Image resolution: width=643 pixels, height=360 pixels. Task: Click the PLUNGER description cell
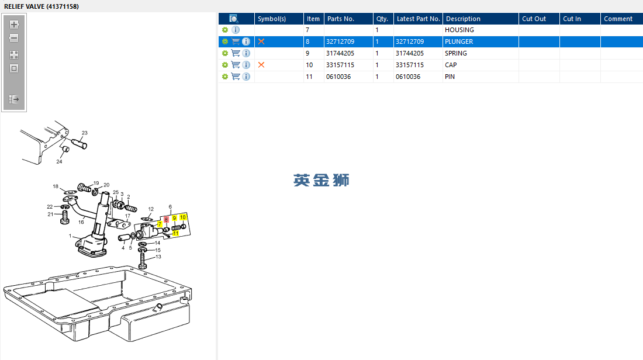tap(459, 41)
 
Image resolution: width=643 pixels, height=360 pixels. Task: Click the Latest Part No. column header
tap(418, 19)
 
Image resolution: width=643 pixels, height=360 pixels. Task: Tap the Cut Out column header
tap(534, 19)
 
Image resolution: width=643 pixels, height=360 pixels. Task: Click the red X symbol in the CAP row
tap(261, 65)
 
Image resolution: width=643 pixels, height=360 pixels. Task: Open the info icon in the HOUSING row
tap(236, 30)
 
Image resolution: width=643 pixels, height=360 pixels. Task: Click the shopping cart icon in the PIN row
tap(236, 77)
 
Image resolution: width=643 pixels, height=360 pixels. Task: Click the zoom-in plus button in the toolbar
tap(15, 25)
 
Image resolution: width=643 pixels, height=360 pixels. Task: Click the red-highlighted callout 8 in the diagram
tap(166, 219)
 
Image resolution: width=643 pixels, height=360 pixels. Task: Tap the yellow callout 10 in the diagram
tap(183, 217)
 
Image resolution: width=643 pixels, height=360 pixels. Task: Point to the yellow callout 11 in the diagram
tap(175, 233)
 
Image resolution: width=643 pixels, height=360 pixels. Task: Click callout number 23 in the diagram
tap(84, 133)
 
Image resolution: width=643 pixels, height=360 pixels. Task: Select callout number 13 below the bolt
tap(158, 257)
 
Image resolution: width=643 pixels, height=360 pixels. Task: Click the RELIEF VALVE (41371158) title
tap(42, 6)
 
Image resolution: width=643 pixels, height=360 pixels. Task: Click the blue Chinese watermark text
tap(321, 180)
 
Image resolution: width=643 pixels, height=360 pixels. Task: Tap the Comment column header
tap(618, 19)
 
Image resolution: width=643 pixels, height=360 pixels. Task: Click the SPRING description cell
tap(456, 53)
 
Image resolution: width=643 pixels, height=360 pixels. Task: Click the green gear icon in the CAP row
tap(225, 65)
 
